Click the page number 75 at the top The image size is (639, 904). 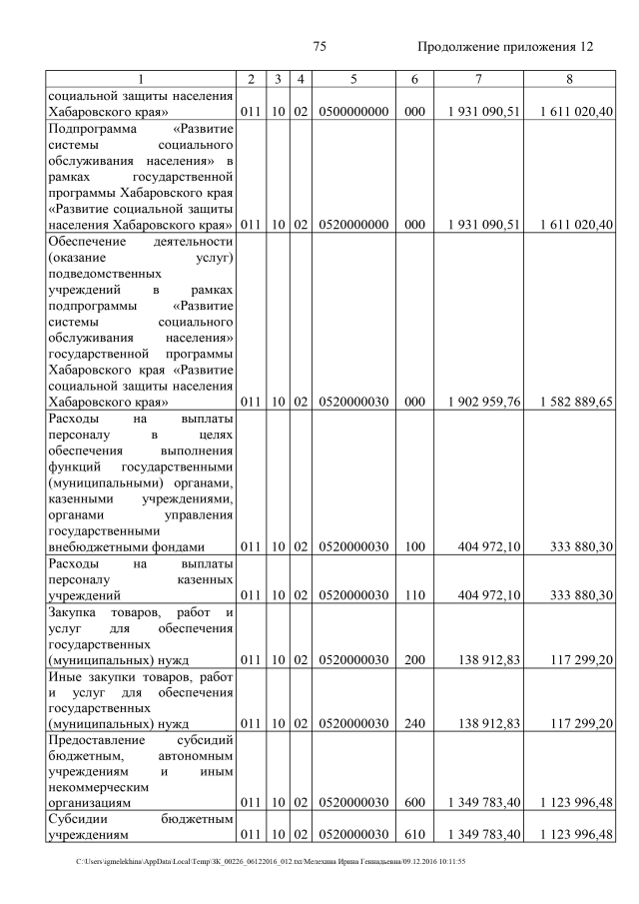tap(319, 46)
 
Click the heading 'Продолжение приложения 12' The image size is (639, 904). tap(505, 46)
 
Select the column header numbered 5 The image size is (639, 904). tap(353, 78)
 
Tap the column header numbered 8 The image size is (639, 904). tap(568, 78)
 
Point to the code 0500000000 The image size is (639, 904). tap(353, 112)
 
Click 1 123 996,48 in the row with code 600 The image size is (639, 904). tap(575, 801)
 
